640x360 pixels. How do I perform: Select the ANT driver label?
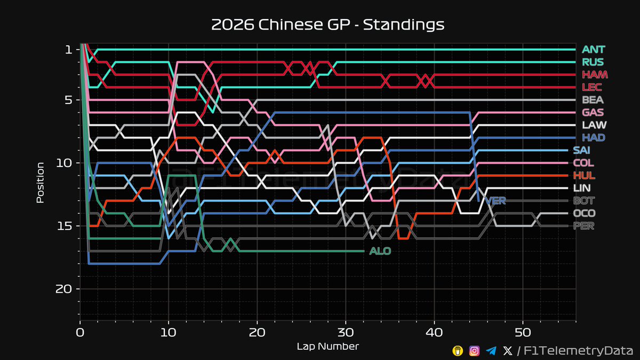594,50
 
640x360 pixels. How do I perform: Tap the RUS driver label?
593,62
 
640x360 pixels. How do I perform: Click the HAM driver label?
595,75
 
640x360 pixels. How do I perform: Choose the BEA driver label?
593,100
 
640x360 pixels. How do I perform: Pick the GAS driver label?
593,113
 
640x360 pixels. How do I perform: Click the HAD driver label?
594,138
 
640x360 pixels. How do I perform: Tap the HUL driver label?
585,175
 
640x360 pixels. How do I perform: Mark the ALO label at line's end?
380,251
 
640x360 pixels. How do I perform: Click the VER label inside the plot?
495,201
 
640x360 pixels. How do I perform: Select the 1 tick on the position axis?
68,50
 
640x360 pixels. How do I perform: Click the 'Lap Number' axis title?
327,347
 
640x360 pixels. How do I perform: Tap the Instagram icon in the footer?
474,350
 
